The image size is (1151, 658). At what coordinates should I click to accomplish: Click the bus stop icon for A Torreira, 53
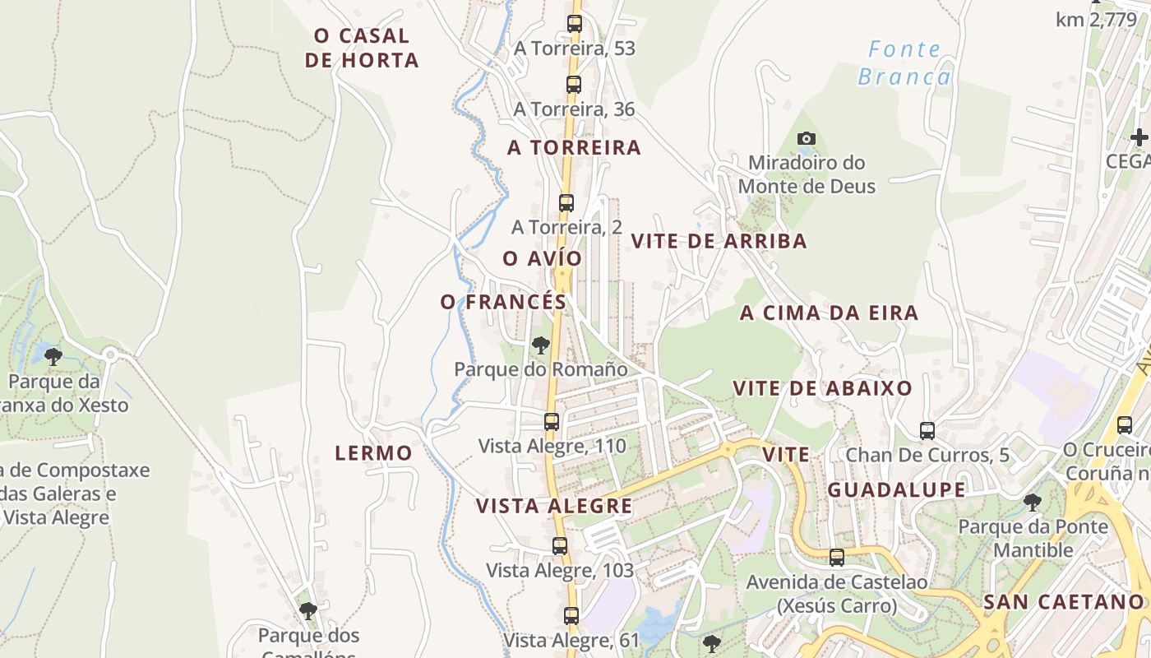(574, 24)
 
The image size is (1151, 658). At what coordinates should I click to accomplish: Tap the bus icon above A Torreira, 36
(574, 84)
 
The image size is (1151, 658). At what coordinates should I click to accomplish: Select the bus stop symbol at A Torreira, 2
(566, 202)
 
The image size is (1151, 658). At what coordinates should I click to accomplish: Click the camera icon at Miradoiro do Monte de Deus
(807, 138)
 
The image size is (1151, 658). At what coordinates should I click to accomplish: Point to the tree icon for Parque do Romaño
(540, 345)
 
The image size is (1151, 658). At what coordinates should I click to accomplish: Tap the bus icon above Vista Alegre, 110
(552, 422)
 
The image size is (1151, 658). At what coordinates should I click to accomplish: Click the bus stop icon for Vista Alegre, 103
(560, 545)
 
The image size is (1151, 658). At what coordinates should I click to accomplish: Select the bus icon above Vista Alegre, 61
(571, 614)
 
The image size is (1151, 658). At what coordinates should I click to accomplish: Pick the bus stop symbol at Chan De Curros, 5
(927, 430)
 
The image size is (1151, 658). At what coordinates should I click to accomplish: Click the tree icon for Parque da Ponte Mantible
(1033, 502)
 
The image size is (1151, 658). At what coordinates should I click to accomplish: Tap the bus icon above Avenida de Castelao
(837, 557)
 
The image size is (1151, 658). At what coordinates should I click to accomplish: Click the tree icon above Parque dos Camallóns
(308, 610)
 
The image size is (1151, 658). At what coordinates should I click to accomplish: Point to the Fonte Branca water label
(904, 63)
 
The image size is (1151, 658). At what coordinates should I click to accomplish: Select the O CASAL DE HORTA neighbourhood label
(362, 48)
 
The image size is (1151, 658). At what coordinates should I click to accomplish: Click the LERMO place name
(373, 452)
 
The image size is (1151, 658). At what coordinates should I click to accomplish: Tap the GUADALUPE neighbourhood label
(896, 490)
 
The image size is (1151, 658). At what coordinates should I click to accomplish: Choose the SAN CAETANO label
(1064, 601)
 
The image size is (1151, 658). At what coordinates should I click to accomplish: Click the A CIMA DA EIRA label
(829, 313)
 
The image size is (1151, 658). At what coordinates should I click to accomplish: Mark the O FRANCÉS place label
(503, 302)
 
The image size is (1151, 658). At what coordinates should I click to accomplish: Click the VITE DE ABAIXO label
(822, 388)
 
